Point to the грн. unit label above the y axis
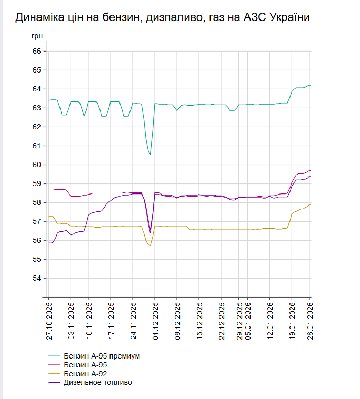click(x=38, y=37)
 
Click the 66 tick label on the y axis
click(x=37, y=51)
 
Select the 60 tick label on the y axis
click(x=37, y=165)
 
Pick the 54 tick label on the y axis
click(x=37, y=278)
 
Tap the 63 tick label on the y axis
click(x=37, y=108)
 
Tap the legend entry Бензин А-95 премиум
click(x=102, y=356)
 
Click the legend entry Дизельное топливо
click(x=97, y=382)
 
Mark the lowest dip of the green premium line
click(x=151, y=154)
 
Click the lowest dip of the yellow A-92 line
click(x=150, y=245)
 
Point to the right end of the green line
click(x=311, y=85)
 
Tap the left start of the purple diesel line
click(x=49, y=243)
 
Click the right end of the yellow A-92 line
click(x=311, y=204)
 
